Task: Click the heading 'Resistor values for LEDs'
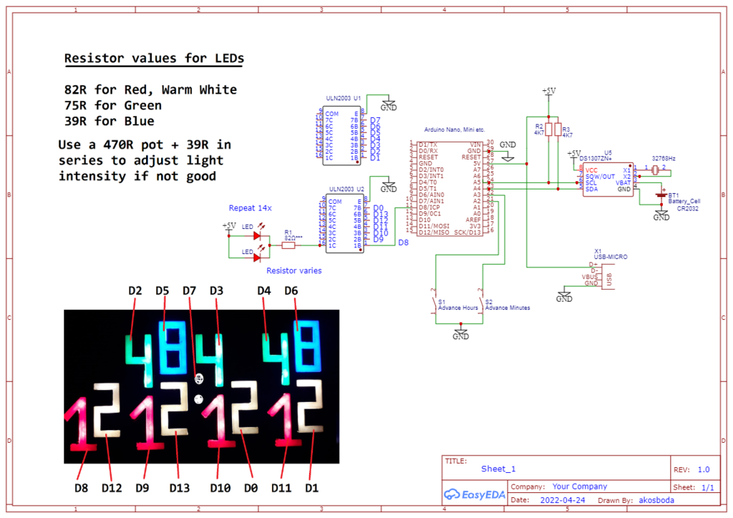pyautogui.click(x=153, y=59)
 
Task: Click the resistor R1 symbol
pyautogui.click(x=288, y=245)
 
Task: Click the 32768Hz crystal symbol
pyautogui.click(x=654, y=170)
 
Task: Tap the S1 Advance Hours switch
pyautogui.click(x=435, y=307)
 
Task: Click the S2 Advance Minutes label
pyautogui.click(x=509, y=308)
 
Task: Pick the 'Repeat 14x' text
pyautogui.click(x=251, y=208)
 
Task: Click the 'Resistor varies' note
pyautogui.click(x=293, y=270)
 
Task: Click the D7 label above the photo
pyautogui.click(x=189, y=291)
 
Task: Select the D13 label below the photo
pyautogui.click(x=179, y=488)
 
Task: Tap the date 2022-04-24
pyautogui.click(x=563, y=500)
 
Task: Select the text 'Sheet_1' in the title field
pyautogui.click(x=498, y=469)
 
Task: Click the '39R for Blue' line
pyautogui.click(x=109, y=121)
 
